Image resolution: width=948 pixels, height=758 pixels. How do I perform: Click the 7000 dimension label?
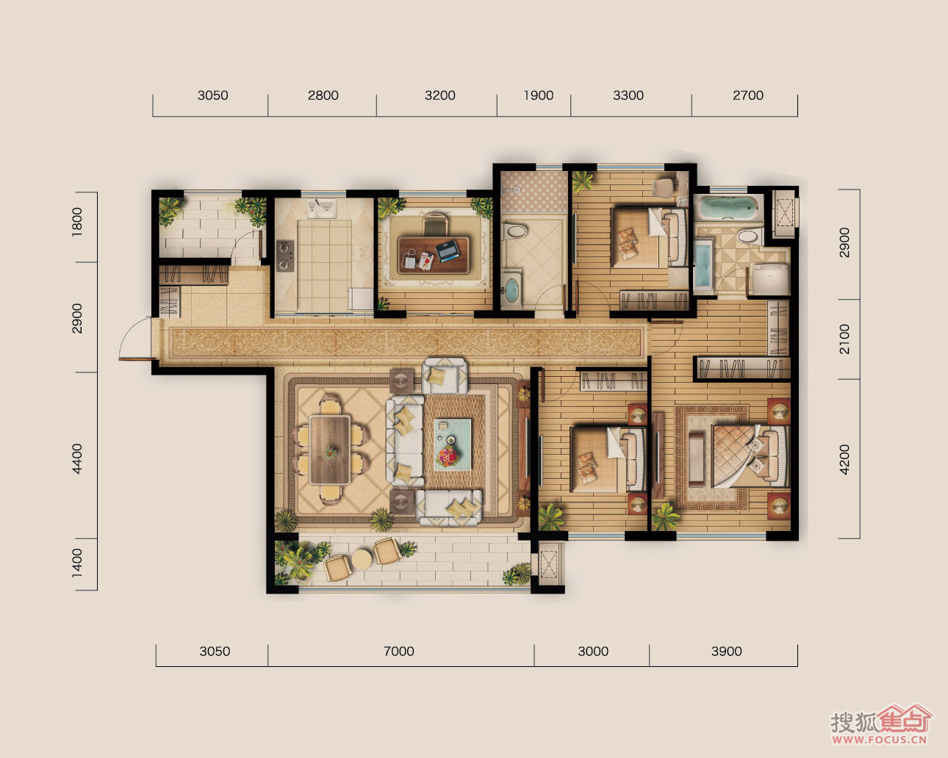[398, 651]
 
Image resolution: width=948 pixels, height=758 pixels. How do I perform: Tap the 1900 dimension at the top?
[539, 95]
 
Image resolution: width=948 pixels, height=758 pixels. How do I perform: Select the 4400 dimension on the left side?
[76, 459]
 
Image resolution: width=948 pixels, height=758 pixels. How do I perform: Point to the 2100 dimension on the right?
[844, 339]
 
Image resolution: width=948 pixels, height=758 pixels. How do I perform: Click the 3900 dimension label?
[726, 651]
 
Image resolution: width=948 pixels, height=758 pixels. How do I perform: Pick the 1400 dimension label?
[76, 563]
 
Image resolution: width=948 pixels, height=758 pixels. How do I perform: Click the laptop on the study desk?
[448, 251]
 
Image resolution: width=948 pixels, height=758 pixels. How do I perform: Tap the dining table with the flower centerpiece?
[330, 450]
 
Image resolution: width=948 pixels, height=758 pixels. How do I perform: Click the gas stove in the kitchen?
[285, 256]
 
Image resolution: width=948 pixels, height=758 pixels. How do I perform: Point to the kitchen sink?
[322, 208]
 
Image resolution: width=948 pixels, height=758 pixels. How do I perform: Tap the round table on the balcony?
[362, 560]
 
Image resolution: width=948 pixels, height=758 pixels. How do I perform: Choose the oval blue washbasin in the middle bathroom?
[511, 289]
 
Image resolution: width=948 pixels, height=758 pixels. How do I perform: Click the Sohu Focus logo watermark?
[880, 724]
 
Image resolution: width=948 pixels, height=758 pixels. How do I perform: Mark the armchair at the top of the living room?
[444, 376]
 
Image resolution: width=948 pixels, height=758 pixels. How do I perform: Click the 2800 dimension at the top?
[323, 95]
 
